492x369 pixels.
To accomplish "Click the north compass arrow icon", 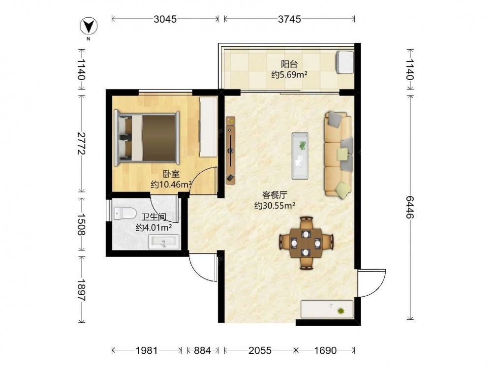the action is point(89,26).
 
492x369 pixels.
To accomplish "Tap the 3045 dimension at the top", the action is point(165,19).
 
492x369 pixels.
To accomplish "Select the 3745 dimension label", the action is point(289,19).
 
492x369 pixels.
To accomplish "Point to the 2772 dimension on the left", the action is point(81,143).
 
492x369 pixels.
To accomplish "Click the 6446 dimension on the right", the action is point(410,208).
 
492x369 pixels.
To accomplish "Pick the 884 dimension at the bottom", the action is point(202,350).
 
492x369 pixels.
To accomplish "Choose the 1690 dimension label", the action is point(325,350).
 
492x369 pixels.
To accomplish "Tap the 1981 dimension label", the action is point(147,350).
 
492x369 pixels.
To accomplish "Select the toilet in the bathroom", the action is point(125,214).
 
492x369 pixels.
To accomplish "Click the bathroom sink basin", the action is point(164,242).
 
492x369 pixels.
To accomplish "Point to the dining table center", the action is point(306,243).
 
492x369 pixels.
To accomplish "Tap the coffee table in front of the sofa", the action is point(300,155).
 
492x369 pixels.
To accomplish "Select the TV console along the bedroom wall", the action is point(231,150).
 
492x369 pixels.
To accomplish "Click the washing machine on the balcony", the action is point(345,62).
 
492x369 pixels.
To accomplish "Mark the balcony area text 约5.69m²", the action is point(289,75).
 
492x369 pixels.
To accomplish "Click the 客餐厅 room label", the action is point(275,195).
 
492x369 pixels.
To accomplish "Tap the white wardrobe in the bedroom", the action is point(208,127).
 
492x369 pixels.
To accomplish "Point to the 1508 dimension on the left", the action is point(81,224).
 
